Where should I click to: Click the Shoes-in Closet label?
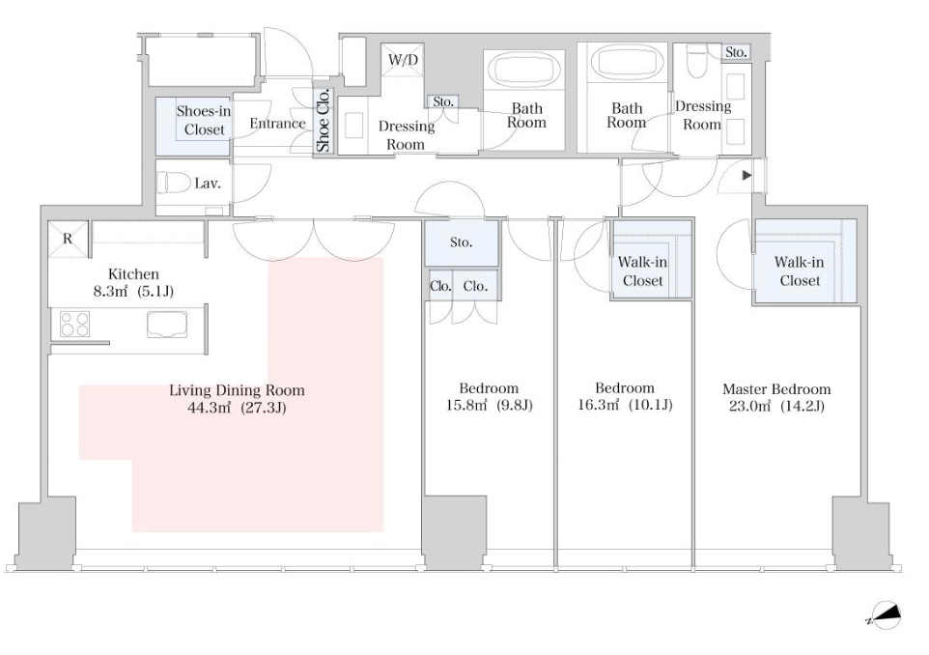coord(204,121)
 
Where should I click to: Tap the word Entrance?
coord(277,124)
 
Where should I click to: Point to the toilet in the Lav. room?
coord(177,183)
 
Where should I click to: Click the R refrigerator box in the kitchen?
coord(68,238)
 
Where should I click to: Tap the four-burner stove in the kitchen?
coord(74,324)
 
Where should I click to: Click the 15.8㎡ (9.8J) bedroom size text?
coord(490,406)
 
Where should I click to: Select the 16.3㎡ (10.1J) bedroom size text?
coord(625,406)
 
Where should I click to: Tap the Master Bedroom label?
coord(776,389)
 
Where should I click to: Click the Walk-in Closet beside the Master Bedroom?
coord(799,271)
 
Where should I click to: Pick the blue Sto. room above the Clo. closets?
coord(462,242)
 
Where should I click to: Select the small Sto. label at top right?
coord(736,52)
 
